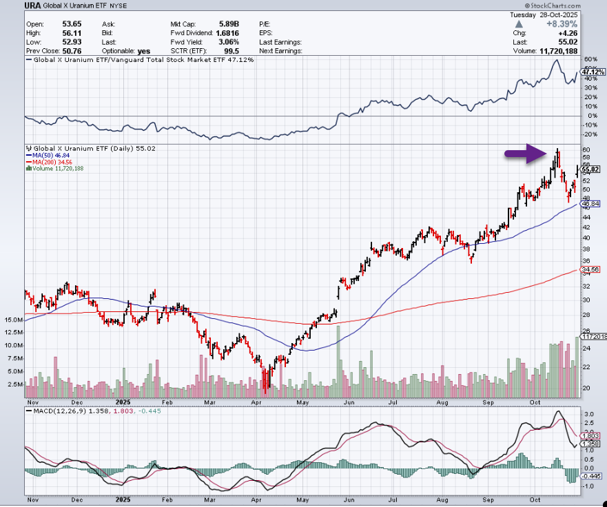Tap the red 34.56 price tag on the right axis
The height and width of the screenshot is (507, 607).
[590, 269]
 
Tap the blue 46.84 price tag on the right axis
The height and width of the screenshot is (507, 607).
[590, 204]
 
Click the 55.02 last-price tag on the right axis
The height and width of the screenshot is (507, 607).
[590, 169]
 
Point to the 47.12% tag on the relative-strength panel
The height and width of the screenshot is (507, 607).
[591, 71]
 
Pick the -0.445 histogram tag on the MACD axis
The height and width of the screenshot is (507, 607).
[591, 475]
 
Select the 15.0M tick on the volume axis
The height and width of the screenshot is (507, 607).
[14, 320]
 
